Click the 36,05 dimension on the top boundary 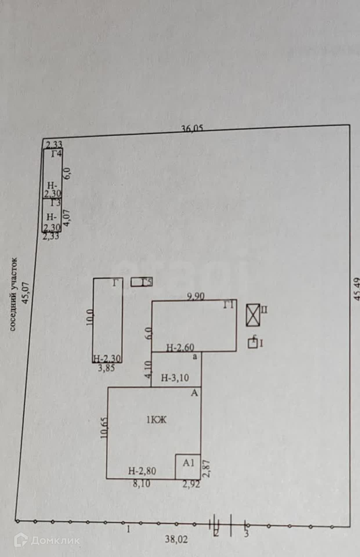pyautogui.click(x=192, y=128)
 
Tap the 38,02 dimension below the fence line pyautogui.click(x=176, y=539)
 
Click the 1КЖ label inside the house pyautogui.click(x=156, y=420)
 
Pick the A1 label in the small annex pyautogui.click(x=188, y=463)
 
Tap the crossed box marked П pyautogui.click(x=253, y=315)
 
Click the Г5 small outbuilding pyautogui.click(x=142, y=282)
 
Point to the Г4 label pyautogui.click(x=57, y=153)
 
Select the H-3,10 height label pyautogui.click(x=175, y=378)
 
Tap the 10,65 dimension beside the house pyautogui.click(x=104, y=428)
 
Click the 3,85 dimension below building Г pyautogui.click(x=106, y=368)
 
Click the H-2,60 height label pyautogui.click(x=180, y=348)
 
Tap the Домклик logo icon pyautogui.click(x=21, y=540)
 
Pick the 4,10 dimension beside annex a pyautogui.click(x=148, y=369)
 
